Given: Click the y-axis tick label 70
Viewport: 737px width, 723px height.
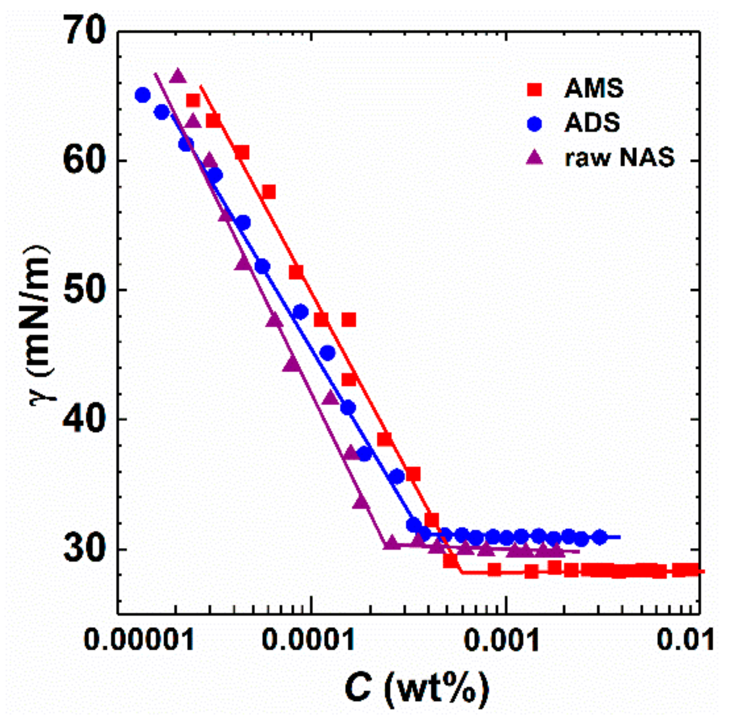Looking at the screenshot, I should click(x=84, y=32).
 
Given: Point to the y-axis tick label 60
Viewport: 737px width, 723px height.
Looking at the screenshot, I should click(x=84, y=161).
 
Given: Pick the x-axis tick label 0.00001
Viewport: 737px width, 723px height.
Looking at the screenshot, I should click(x=139, y=640).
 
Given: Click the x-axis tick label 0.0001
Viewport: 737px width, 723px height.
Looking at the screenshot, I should click(x=308, y=640).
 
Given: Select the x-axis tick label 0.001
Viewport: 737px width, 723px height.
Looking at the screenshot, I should click(x=501, y=640).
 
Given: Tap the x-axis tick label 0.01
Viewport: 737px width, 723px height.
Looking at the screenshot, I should click(x=686, y=640).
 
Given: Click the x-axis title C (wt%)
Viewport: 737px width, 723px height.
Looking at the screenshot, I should click(x=416, y=688).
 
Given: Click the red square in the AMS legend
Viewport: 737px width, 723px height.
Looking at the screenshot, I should click(x=534, y=89).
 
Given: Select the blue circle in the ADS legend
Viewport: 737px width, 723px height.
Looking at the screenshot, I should click(x=534, y=123).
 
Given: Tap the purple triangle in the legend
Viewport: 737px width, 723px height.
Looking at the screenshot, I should click(x=534, y=157).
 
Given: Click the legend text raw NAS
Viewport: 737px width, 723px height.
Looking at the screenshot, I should click(x=619, y=157).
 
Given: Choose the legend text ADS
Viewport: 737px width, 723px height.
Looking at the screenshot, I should click(x=592, y=123).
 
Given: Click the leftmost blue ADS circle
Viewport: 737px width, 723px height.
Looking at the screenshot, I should click(x=143, y=95).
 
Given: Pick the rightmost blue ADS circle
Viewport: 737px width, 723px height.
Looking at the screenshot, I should click(x=599, y=537).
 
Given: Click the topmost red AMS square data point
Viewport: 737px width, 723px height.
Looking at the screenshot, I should click(x=193, y=100).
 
